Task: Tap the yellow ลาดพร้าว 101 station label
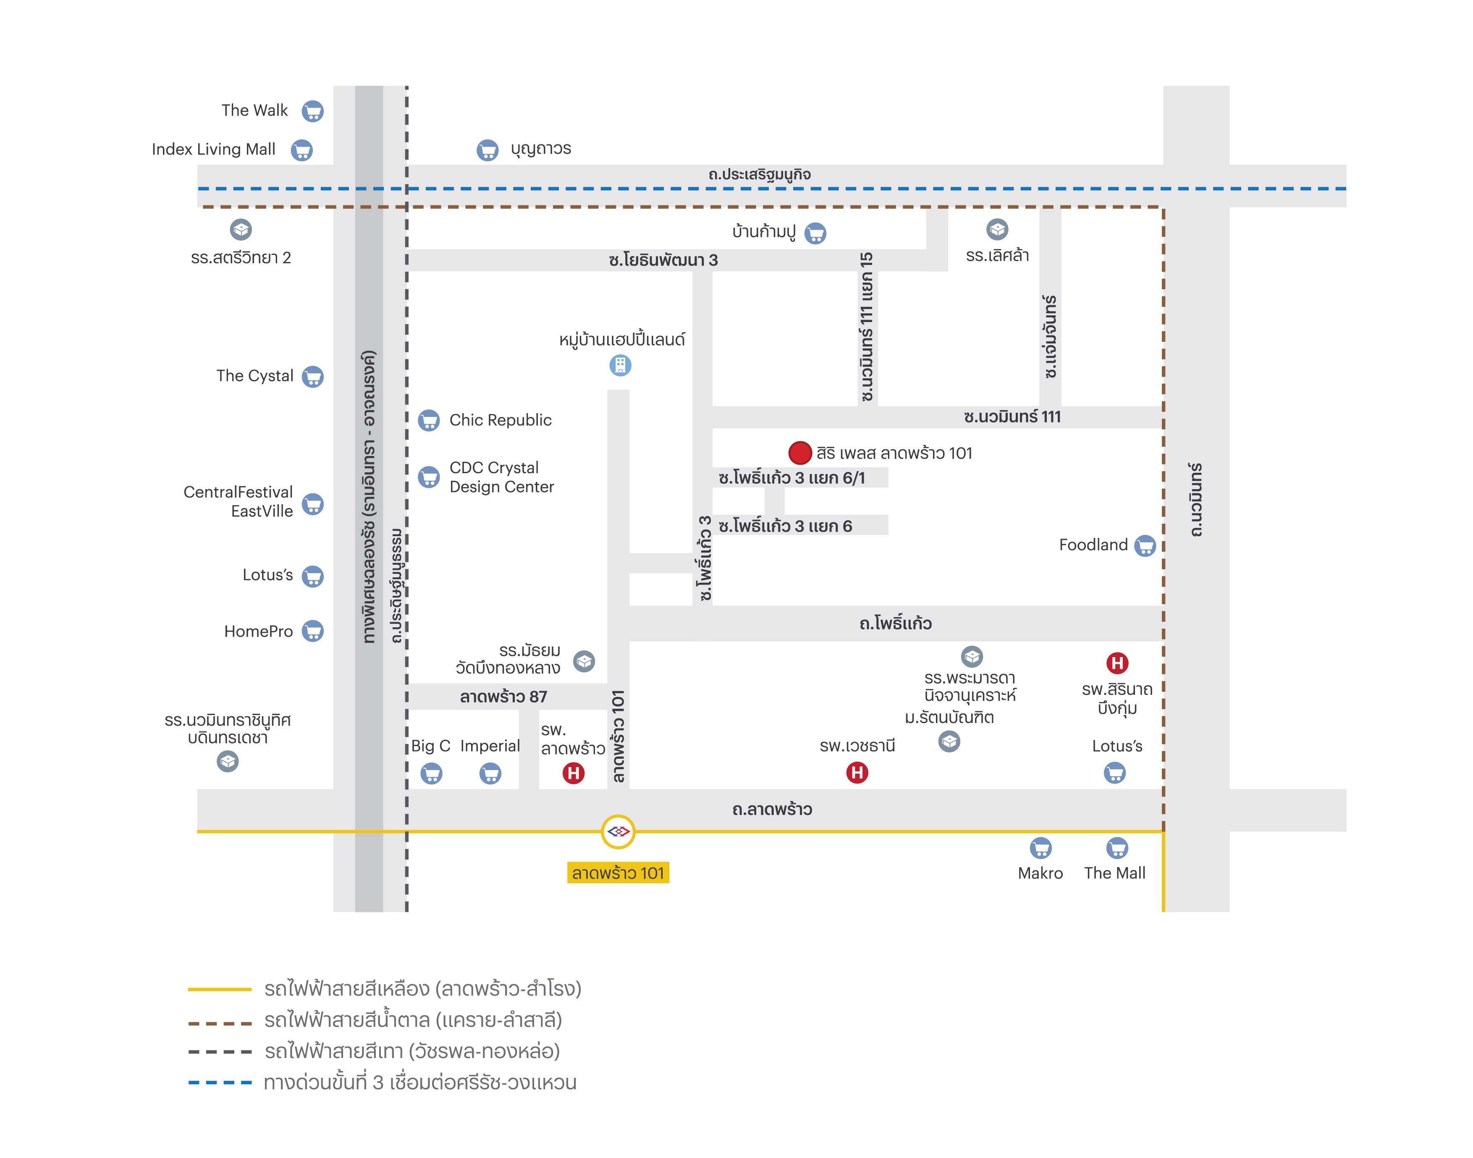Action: point(618,872)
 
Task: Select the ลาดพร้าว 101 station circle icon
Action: point(618,831)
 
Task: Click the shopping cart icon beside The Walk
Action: point(312,111)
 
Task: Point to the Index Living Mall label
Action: point(214,149)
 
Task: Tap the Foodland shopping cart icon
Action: point(1145,546)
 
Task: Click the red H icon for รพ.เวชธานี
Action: point(857,772)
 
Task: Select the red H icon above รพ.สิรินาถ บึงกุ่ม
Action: point(1117,663)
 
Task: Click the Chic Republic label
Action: point(500,420)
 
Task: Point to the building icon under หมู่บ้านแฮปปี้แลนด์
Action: point(620,365)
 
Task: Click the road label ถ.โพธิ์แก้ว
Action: point(896,623)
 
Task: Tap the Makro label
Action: point(1041,873)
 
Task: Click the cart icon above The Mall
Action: point(1117,848)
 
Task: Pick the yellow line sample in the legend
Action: point(220,989)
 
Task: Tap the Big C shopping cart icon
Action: point(431,773)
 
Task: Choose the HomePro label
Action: point(258,632)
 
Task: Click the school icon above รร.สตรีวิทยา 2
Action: point(241,230)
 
